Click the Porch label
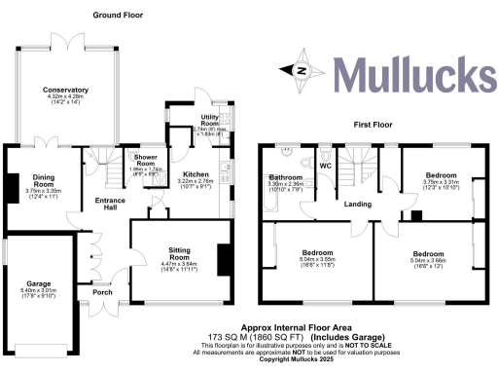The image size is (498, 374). [102, 291]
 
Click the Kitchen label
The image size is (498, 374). [184, 147]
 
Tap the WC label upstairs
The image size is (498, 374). [326, 166]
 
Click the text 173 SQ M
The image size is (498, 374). [222, 337]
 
